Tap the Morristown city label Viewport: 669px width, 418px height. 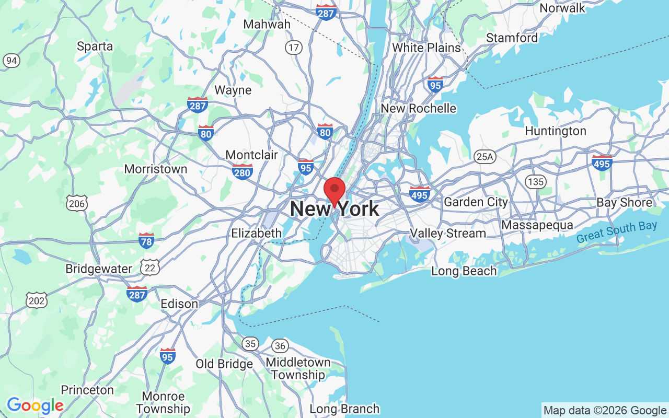point(155,169)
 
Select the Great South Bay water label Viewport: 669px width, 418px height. point(617,232)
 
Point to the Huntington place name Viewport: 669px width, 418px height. point(555,131)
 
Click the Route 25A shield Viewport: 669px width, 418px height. point(485,156)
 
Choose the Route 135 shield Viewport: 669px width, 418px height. point(536,182)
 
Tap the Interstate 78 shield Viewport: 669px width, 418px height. point(146,240)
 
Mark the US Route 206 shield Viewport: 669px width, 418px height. point(77,203)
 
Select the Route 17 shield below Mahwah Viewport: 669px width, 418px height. point(294,48)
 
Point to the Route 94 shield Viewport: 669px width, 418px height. point(11,61)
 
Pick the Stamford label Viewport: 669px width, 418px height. point(512,38)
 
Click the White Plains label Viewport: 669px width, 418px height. point(426,48)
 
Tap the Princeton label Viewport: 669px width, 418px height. point(87,390)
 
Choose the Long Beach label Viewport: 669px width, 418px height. point(464,271)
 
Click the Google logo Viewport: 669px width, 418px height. point(35,405)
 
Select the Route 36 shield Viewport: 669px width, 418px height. point(280,345)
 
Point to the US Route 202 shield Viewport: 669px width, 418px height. point(37,300)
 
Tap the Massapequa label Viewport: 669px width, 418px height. point(537,225)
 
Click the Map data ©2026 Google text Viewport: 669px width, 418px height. point(605,410)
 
